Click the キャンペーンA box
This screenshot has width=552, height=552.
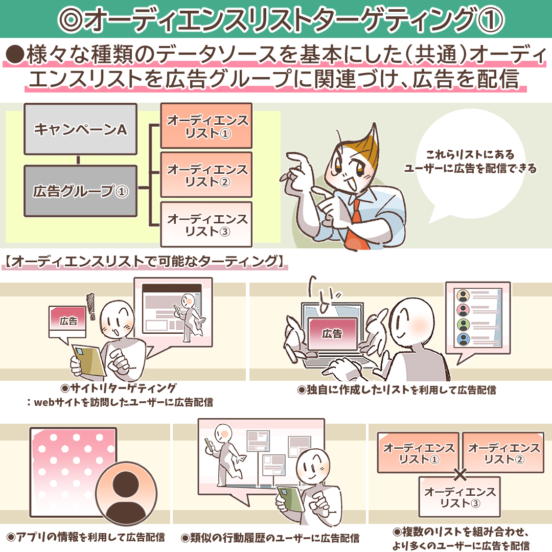coord(80,129)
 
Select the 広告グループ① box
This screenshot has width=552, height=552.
coord(80,191)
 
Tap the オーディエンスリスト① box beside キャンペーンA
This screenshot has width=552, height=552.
coord(206,126)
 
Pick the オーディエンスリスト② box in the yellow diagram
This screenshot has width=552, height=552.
coord(206,175)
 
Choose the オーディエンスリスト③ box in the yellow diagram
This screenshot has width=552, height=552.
coord(206,224)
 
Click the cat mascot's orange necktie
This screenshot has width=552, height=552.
coord(356,225)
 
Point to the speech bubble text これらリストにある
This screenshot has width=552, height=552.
coord(470,154)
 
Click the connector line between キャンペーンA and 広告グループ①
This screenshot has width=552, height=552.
coord(78,160)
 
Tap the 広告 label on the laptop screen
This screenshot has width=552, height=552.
coord(332,333)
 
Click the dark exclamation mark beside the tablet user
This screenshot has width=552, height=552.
coord(91,306)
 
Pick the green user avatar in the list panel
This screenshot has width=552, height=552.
coord(463,325)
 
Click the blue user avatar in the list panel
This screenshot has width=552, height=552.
coord(463,339)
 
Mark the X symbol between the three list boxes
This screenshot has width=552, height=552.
coord(460,474)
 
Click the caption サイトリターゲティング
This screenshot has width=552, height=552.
coord(118,388)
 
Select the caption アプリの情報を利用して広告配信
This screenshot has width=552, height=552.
coord(85,537)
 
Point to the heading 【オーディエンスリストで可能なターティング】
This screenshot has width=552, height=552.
coord(144,262)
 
